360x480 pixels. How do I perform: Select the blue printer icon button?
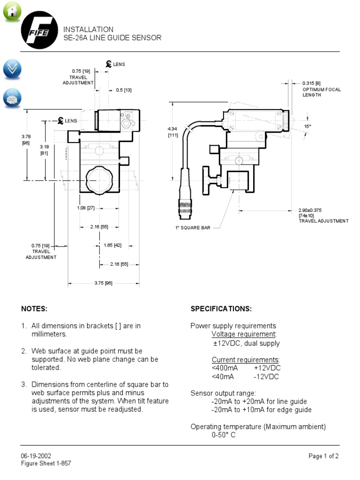pos(12,98)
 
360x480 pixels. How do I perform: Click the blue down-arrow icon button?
pos(12,69)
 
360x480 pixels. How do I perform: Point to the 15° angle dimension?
pos(307,126)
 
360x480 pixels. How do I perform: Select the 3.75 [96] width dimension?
pos(103,283)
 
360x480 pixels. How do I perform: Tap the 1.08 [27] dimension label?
pos(85,208)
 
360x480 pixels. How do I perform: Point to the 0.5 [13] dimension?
pos(124,90)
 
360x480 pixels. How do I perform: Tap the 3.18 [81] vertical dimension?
pos(45,149)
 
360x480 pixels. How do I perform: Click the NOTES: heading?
pos(34,309)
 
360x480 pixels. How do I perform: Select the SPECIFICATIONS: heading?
pos(221,309)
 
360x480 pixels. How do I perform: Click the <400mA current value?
pos(225,368)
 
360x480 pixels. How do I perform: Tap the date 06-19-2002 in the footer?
pos(36,456)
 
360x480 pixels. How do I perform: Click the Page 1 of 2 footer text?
pos(323,456)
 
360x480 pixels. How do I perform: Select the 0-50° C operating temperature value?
pos(223,435)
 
